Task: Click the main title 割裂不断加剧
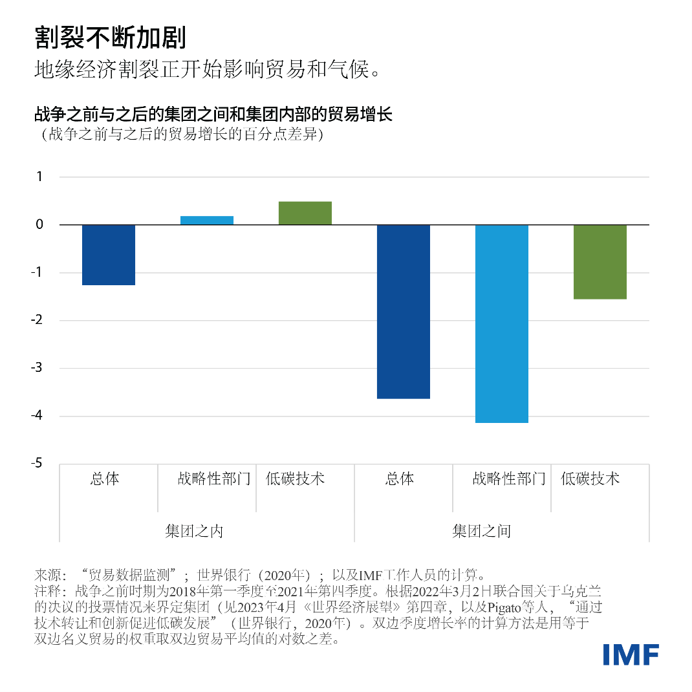pyautogui.click(x=111, y=38)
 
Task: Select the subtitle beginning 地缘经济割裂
pyautogui.click(x=206, y=70)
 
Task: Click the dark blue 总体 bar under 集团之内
pyautogui.click(x=109, y=255)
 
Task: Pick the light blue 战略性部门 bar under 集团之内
pyautogui.click(x=207, y=221)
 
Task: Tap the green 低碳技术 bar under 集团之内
pyautogui.click(x=305, y=213)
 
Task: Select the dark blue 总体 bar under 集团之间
pyautogui.click(x=404, y=311)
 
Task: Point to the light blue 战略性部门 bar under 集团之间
pyautogui.click(x=502, y=323)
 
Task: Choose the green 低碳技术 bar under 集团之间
pyautogui.click(x=600, y=262)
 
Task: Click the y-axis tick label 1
pyautogui.click(x=39, y=177)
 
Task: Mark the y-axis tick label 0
pyautogui.click(x=39, y=225)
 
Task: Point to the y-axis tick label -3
pyautogui.click(x=38, y=368)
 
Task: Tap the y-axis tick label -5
pyautogui.click(x=38, y=464)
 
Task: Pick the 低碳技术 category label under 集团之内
pyautogui.click(x=295, y=479)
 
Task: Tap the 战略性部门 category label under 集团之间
pyautogui.click(x=509, y=479)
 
